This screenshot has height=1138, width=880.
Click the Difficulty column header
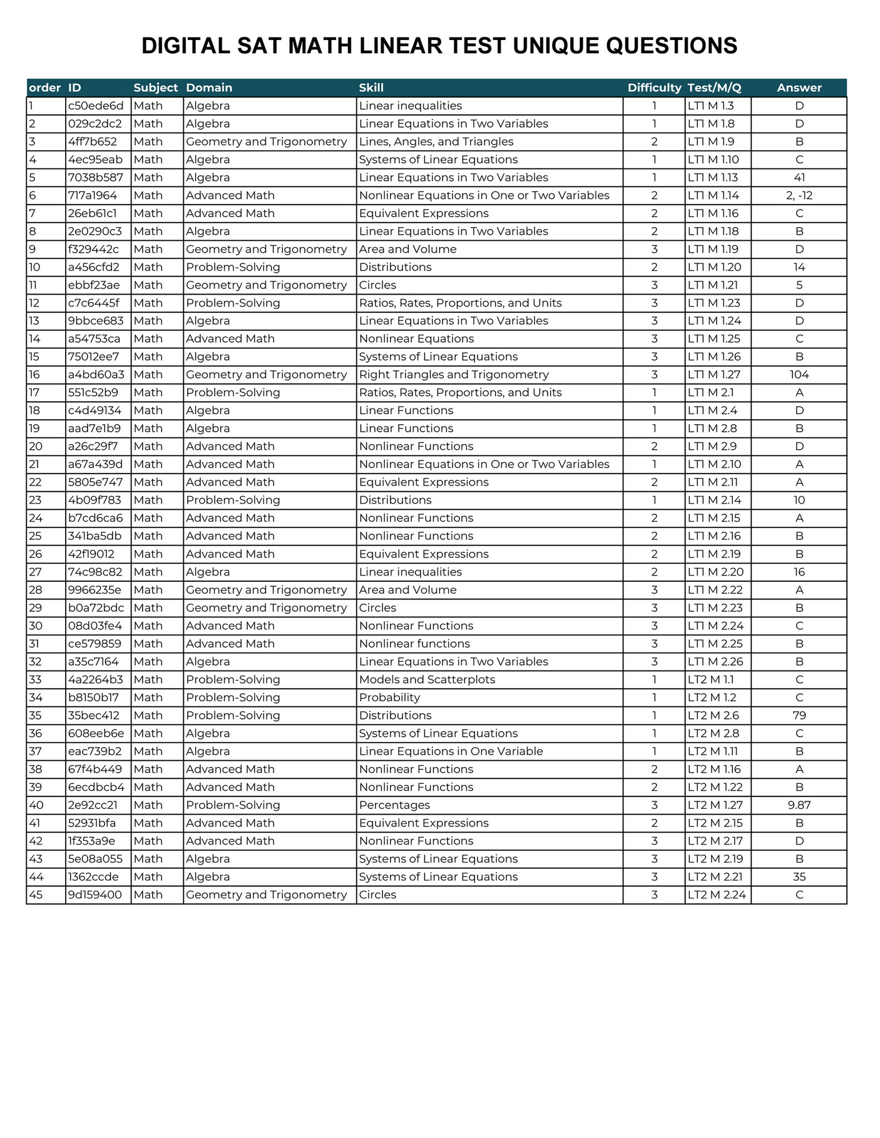(654, 88)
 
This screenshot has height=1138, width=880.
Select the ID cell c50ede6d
(96, 106)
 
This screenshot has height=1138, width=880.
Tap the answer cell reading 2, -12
(799, 195)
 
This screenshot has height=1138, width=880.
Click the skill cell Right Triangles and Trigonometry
(454, 375)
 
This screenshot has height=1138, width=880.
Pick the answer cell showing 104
(799, 375)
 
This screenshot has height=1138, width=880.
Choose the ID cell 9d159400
(95, 895)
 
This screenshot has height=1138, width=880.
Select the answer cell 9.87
(799, 805)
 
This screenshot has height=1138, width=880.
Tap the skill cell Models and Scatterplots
(427, 679)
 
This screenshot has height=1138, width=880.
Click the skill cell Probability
(389, 698)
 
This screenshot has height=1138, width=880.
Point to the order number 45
(36, 895)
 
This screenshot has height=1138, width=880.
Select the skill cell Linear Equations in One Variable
(451, 751)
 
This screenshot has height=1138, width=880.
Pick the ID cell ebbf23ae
(94, 285)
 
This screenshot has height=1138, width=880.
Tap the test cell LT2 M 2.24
(717, 895)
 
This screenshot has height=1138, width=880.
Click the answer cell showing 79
(799, 716)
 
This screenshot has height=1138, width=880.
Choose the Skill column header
(371, 88)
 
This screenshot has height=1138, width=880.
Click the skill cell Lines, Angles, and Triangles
(436, 142)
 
